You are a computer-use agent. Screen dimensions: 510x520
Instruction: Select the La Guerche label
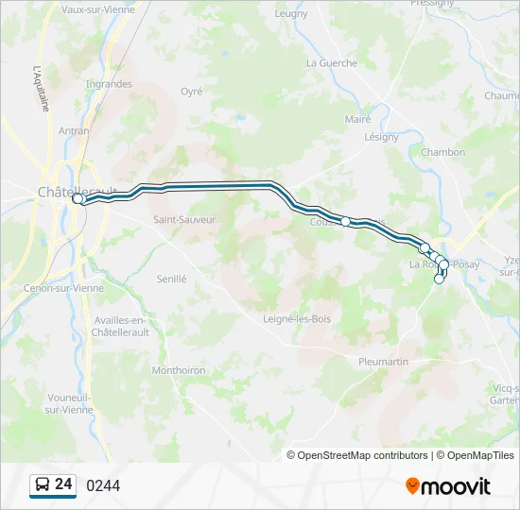click(332, 63)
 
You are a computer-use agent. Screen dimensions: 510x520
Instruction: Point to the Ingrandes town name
click(109, 84)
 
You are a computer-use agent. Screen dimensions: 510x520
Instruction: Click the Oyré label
click(192, 92)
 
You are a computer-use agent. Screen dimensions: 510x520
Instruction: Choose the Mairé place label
click(357, 119)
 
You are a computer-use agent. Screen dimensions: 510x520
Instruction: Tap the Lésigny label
click(382, 137)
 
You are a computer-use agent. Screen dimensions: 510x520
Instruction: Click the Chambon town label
click(442, 152)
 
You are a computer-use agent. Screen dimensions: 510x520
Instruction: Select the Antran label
click(74, 131)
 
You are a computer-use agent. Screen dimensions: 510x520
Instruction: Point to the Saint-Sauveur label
click(184, 219)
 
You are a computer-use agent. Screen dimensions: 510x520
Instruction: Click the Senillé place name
click(172, 279)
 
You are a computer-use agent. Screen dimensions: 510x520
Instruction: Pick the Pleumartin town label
click(383, 362)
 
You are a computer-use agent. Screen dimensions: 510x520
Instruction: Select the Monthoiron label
click(179, 370)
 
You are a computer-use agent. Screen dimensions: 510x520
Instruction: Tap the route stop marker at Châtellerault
click(78, 199)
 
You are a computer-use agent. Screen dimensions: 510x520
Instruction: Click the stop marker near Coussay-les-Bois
click(346, 222)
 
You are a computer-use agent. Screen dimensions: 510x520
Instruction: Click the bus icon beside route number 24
click(43, 485)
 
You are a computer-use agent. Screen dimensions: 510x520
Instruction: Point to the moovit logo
click(448, 486)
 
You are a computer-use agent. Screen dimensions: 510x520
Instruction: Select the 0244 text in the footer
click(103, 486)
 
